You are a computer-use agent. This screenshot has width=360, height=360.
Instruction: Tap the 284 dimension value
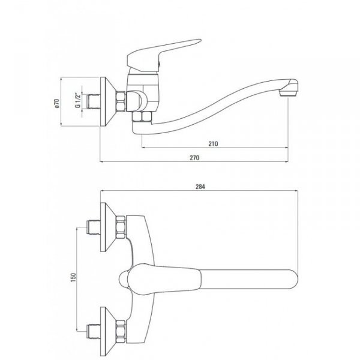pos(200,187)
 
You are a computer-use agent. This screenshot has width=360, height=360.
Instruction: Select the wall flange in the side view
pos(107,101)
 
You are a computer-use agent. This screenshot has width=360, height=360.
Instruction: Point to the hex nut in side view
pos(122,101)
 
